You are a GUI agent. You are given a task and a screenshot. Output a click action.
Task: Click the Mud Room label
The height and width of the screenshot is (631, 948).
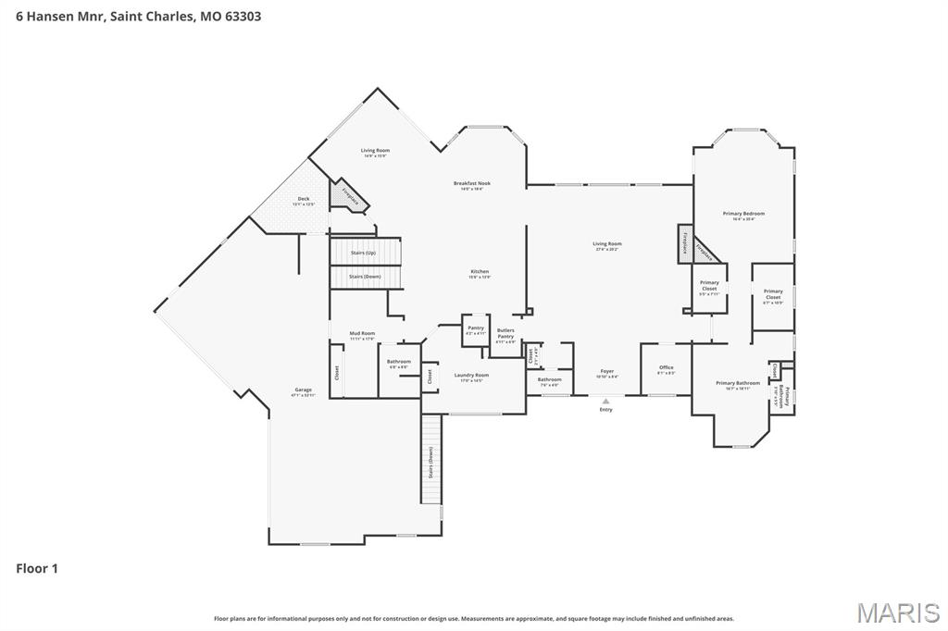[x=362, y=335]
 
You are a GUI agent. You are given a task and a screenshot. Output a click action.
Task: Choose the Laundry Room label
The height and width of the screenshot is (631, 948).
[x=471, y=377]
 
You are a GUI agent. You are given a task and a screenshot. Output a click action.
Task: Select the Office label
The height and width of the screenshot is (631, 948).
[x=667, y=369]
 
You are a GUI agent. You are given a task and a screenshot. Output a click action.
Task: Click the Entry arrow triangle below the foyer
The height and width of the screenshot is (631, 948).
[x=605, y=401]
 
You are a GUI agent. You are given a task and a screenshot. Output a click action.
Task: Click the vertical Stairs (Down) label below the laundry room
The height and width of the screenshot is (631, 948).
[x=430, y=462]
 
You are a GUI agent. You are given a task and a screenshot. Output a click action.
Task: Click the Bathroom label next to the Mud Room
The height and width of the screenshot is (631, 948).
[x=399, y=363]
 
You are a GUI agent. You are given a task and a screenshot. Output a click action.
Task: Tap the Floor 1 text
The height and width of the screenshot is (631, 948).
[x=37, y=568]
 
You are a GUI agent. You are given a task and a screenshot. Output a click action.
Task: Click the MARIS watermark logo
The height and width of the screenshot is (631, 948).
[x=898, y=612]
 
